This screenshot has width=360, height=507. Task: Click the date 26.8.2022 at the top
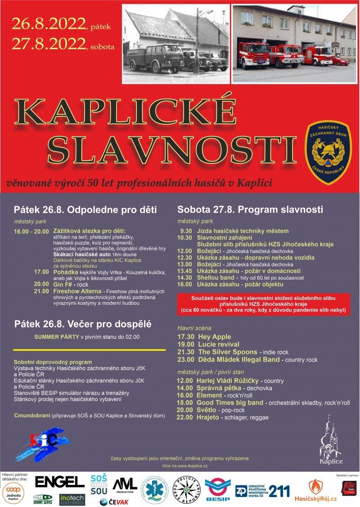[x=49, y=23]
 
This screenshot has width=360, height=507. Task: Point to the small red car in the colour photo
[x=340, y=61]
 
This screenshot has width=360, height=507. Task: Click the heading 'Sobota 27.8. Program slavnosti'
[x=250, y=209]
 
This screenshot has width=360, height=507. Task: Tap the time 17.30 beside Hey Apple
[x=186, y=337]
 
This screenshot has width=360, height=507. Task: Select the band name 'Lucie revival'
[x=220, y=344]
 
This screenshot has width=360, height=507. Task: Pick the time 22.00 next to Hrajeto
[x=185, y=417]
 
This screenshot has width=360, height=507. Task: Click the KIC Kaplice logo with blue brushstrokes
[x=43, y=444]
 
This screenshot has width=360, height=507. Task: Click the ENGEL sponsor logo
[x=60, y=481]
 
